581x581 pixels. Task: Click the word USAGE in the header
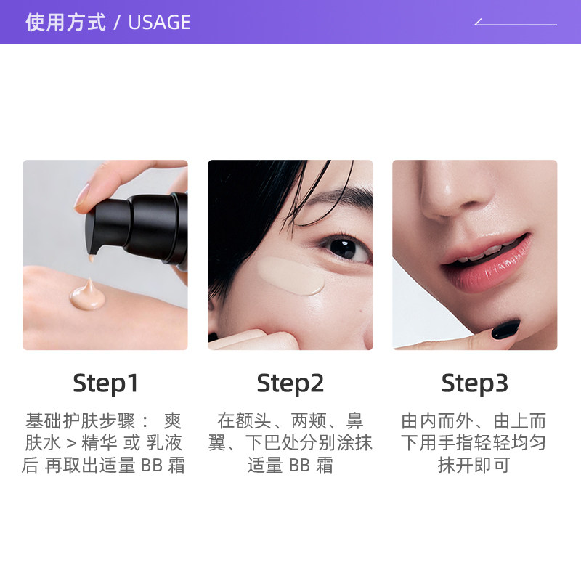pyautogui.click(x=159, y=23)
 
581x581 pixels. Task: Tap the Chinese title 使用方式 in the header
pyautogui.click(x=65, y=23)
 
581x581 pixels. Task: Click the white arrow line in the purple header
pyautogui.click(x=515, y=23)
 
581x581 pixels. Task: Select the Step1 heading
pyautogui.click(x=105, y=383)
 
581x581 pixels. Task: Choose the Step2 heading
pyautogui.click(x=290, y=383)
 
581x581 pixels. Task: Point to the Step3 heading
pyautogui.click(x=475, y=383)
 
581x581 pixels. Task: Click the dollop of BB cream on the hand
pyautogui.click(x=87, y=294)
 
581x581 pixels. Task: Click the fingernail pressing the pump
pyautogui.click(x=81, y=195)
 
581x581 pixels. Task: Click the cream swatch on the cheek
pyautogui.click(x=290, y=276)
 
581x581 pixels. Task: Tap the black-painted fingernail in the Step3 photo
pyautogui.click(x=505, y=330)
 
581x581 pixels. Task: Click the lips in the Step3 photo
pyautogui.click(x=485, y=259)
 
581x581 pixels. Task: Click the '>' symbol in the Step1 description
pyautogui.click(x=71, y=443)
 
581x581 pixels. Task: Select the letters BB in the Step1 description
pyautogui.click(x=152, y=466)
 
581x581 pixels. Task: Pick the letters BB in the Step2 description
pyautogui.click(x=299, y=466)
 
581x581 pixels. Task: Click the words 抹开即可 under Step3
pyautogui.click(x=474, y=466)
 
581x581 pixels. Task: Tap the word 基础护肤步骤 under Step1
pyautogui.click(x=80, y=421)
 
